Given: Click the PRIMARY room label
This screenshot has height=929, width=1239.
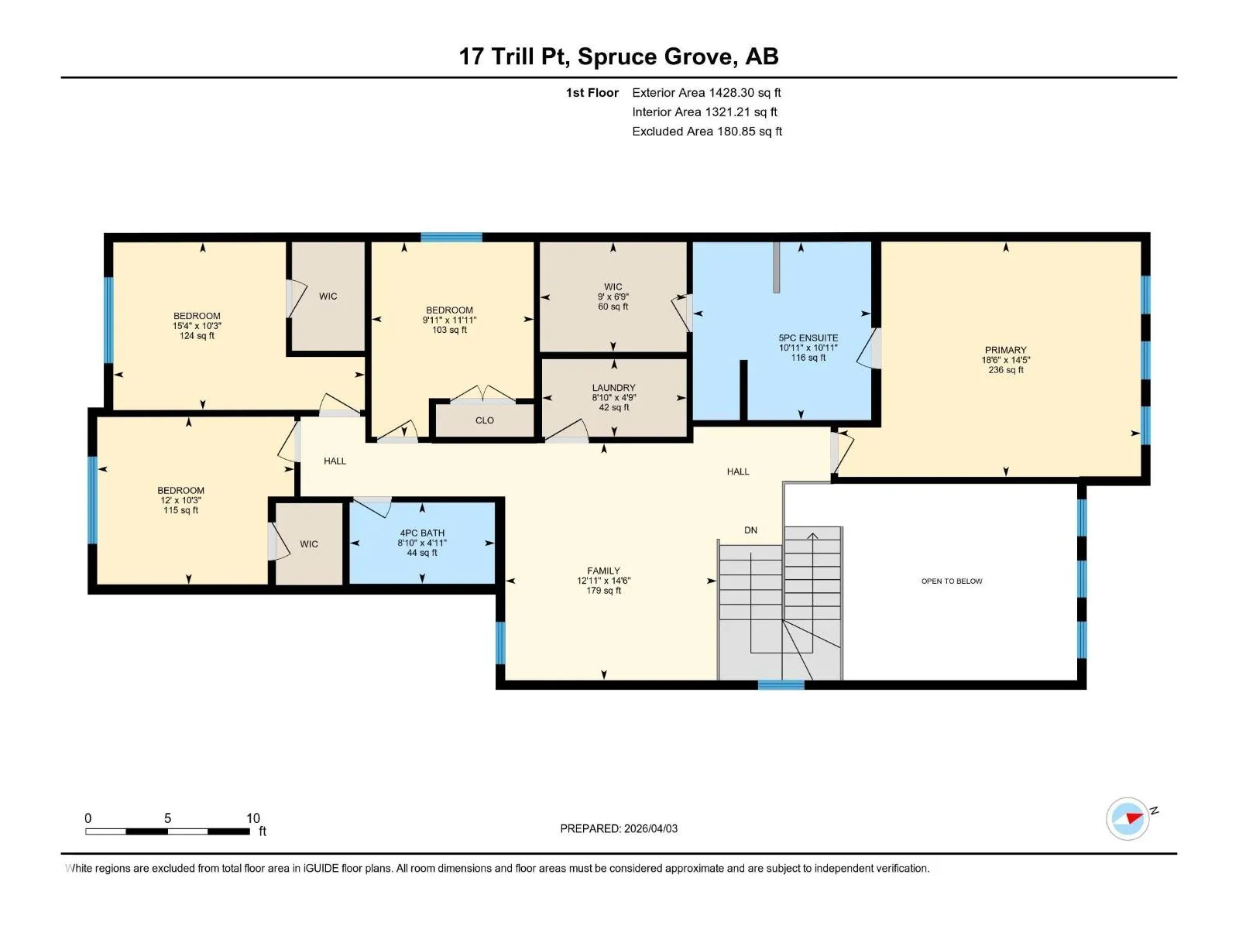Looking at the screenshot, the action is pos(1005,350).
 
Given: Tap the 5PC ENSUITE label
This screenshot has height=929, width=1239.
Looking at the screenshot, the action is pos(808,338).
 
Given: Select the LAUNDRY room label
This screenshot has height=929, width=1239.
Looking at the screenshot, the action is pos(613,388).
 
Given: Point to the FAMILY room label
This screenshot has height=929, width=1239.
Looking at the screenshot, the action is pos(603,571).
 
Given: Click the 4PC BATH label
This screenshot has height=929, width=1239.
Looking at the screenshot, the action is pos(422,533).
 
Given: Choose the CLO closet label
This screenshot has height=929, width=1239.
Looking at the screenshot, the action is pos(484,420).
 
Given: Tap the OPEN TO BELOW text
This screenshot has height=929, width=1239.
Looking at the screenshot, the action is pos(952,581).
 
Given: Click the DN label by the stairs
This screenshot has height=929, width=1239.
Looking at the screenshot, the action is pos(750,530).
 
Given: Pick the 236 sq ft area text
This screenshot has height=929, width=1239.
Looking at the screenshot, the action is pos(1005,370).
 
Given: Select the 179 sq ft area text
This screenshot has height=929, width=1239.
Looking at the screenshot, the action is pos(603,591).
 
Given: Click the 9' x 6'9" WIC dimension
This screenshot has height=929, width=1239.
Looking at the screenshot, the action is pos(613,297).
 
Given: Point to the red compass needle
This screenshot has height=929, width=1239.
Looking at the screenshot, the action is pos(1134,818).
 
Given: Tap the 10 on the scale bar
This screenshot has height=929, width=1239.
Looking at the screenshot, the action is pos(253,818).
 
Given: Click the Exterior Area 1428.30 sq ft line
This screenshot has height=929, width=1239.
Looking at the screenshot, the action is pos(706,92).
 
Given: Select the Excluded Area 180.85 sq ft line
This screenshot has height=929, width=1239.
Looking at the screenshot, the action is pos(707,132).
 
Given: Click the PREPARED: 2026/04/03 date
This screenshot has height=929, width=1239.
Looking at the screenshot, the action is pos(619,828).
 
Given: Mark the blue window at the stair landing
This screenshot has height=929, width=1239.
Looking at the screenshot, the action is pos(781,685).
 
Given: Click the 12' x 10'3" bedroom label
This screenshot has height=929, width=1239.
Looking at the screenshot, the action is pos(180,500).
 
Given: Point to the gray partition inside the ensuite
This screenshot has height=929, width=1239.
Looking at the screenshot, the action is pos(776,267).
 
